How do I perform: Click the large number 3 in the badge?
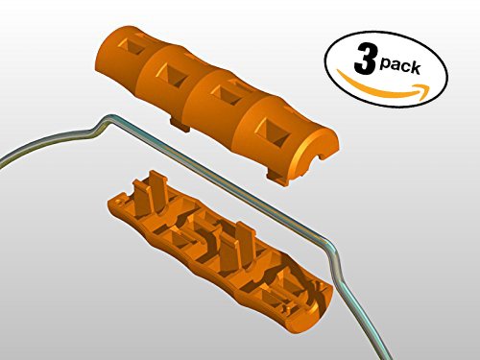(365, 59)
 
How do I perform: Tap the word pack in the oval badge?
(400, 65)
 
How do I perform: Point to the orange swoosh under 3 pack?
(382, 88)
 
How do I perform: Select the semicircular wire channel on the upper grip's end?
(314, 156)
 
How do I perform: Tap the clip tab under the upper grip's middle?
(180, 125)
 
